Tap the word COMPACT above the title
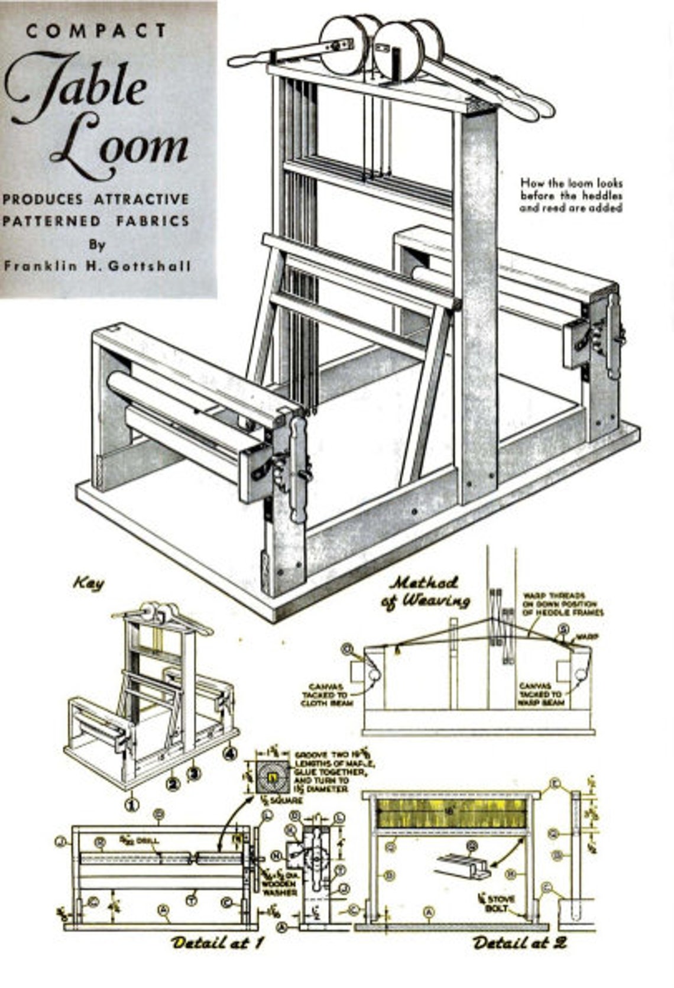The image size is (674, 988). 96,30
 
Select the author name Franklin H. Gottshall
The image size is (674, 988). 98,266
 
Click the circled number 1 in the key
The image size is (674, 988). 131,804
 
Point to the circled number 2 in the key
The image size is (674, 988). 172,785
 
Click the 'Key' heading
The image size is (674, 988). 89,584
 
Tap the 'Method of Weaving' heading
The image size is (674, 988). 428,591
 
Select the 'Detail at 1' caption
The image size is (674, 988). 216,942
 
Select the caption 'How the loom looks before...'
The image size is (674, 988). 571,196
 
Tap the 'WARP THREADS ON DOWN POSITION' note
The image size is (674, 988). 562,604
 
